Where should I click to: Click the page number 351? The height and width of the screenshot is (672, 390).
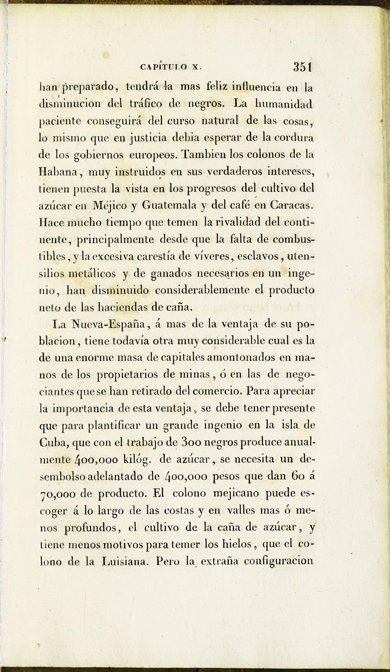pos(303,67)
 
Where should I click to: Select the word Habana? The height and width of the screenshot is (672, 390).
pos(58,172)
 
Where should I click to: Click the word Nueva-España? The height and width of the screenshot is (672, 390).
pos(108,325)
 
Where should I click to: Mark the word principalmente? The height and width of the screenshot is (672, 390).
pos(115,239)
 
